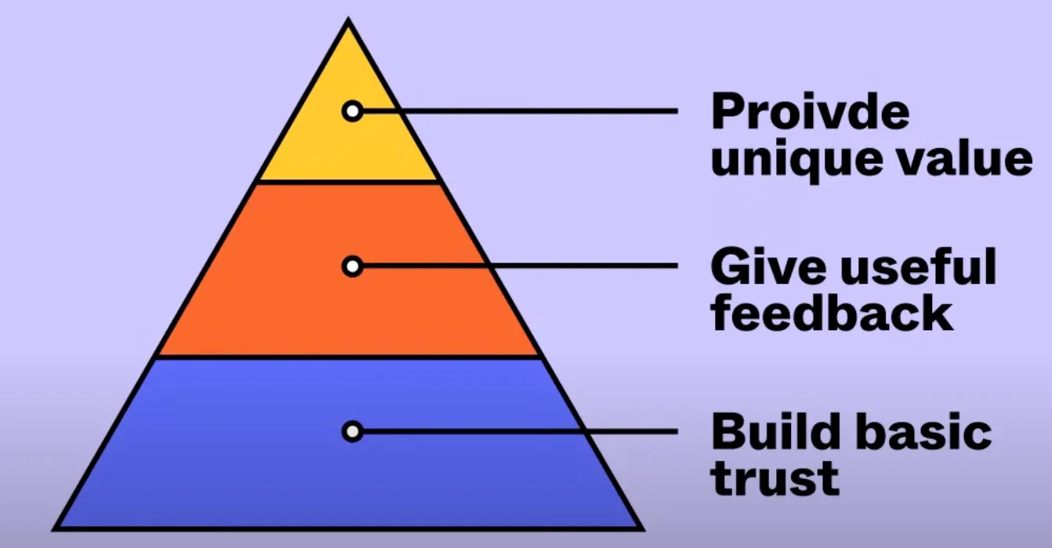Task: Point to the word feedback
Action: [832, 314]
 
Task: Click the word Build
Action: [773, 432]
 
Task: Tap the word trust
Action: [775, 477]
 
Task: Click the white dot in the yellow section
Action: [353, 111]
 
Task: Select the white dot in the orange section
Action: [353, 267]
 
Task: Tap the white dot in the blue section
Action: [353, 431]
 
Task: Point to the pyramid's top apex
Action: [349, 24]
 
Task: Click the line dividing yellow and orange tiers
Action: [349, 181]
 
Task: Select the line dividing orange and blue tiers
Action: [349, 357]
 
